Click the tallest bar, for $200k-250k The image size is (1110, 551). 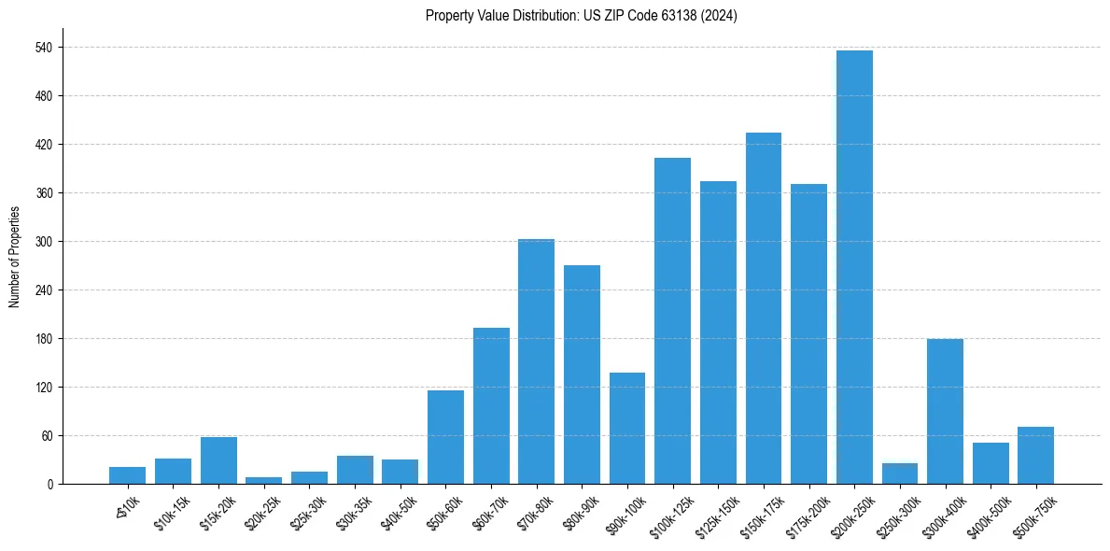coord(854,267)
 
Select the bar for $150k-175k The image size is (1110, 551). coord(764,308)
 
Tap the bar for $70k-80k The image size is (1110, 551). coord(536,361)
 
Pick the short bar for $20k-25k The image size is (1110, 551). coord(263,480)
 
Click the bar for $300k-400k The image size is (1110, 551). coord(945,411)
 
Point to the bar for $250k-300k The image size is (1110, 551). coord(900,473)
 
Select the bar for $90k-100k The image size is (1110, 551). coord(627,428)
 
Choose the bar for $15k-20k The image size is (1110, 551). coord(218,460)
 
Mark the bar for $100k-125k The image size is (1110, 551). coord(672,320)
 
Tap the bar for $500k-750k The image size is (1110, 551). coord(1035,455)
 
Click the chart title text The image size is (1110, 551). coord(582,16)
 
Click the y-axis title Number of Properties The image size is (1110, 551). coord(15,256)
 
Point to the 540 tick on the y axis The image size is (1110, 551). coord(43,48)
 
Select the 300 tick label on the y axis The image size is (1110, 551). coord(43,242)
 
